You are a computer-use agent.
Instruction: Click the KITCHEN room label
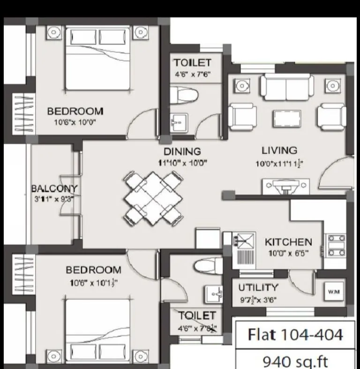click(288, 242)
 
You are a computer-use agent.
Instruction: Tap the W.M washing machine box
click(334, 292)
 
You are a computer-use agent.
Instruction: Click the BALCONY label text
click(54, 188)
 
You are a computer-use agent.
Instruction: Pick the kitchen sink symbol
click(243, 241)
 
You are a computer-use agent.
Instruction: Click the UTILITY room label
click(258, 287)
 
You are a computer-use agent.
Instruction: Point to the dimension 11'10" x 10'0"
click(182, 163)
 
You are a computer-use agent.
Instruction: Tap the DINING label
click(182, 151)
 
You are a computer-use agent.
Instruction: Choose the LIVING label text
click(279, 151)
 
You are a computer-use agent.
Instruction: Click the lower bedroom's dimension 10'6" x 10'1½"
click(93, 282)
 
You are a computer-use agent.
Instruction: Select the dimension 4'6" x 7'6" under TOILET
click(192, 75)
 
